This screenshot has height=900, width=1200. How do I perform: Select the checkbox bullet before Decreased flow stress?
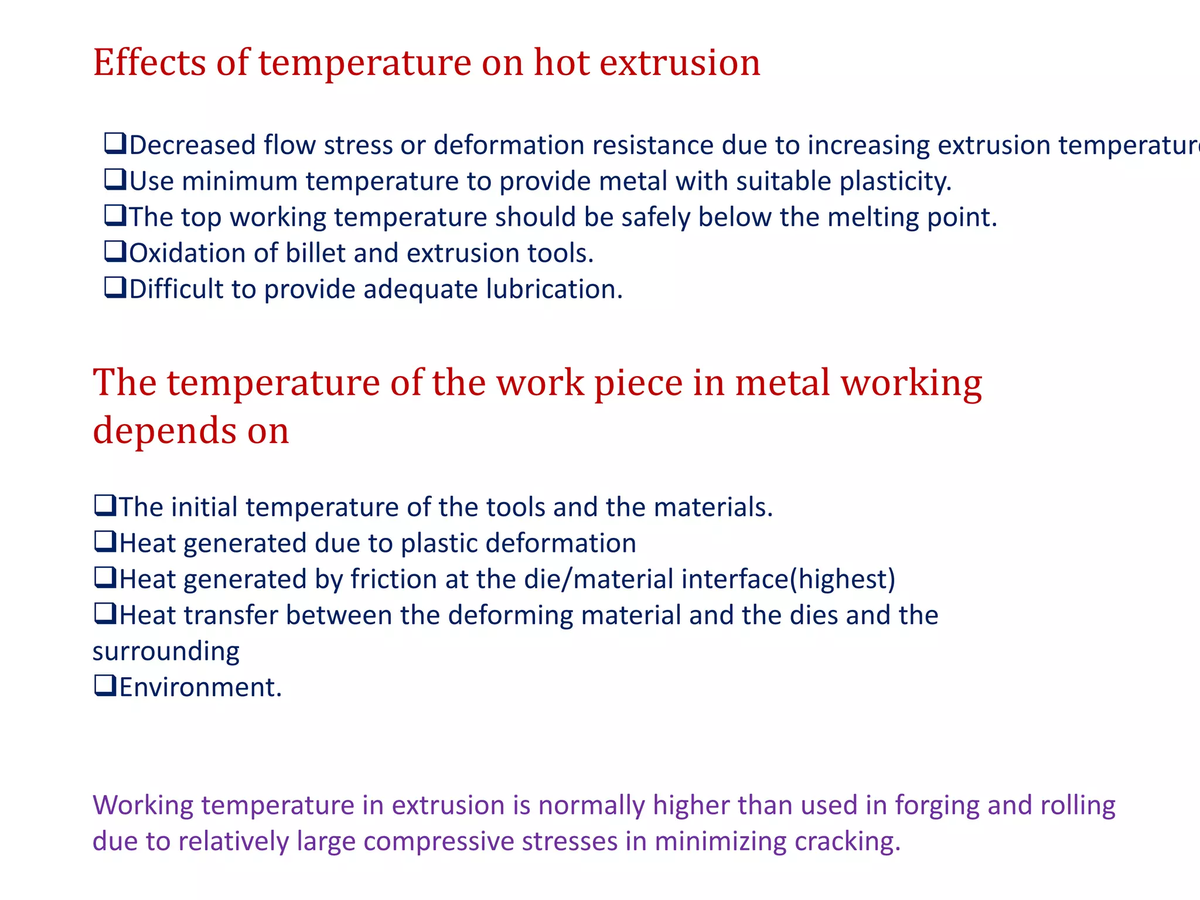click(x=115, y=144)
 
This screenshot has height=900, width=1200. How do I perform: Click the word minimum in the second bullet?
click(x=242, y=182)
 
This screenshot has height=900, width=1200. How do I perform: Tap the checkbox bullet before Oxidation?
click(x=115, y=252)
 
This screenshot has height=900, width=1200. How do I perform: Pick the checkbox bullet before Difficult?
click(x=115, y=288)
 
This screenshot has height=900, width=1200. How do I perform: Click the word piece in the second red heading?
click(x=638, y=384)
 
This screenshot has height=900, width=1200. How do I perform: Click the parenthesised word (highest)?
click(x=843, y=579)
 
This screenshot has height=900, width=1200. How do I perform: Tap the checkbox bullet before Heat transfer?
click(x=105, y=615)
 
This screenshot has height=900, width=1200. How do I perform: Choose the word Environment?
click(x=200, y=687)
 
